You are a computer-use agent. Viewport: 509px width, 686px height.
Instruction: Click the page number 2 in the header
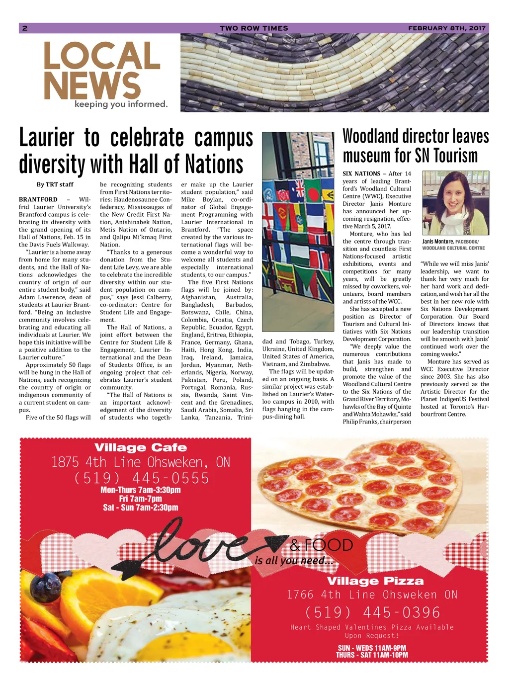(25, 28)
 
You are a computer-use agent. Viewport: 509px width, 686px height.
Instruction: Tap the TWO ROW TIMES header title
(254, 28)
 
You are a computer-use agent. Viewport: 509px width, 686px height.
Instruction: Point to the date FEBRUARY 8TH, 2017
(446, 28)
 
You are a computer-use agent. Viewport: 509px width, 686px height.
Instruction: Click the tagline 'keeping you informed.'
(121, 104)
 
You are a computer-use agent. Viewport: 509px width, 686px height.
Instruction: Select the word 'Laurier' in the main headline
(47, 138)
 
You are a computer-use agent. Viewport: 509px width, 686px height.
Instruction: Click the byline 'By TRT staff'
(55, 184)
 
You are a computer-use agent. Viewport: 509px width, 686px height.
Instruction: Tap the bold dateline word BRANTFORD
(38, 200)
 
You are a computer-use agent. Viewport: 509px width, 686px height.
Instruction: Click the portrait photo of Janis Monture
(455, 203)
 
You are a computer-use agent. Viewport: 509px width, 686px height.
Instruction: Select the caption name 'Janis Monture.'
(438, 242)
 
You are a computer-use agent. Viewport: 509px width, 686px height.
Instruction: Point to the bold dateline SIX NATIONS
(361, 173)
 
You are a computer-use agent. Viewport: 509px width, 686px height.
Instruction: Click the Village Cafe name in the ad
(141, 447)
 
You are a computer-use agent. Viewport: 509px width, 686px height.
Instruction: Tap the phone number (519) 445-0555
(141, 478)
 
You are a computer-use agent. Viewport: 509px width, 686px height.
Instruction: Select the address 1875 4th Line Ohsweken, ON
(141, 462)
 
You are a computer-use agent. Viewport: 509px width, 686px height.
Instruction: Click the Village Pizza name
(375, 581)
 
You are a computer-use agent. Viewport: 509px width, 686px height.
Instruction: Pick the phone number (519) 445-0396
(372, 612)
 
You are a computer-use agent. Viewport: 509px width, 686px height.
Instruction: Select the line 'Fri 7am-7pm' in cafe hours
(140, 499)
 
